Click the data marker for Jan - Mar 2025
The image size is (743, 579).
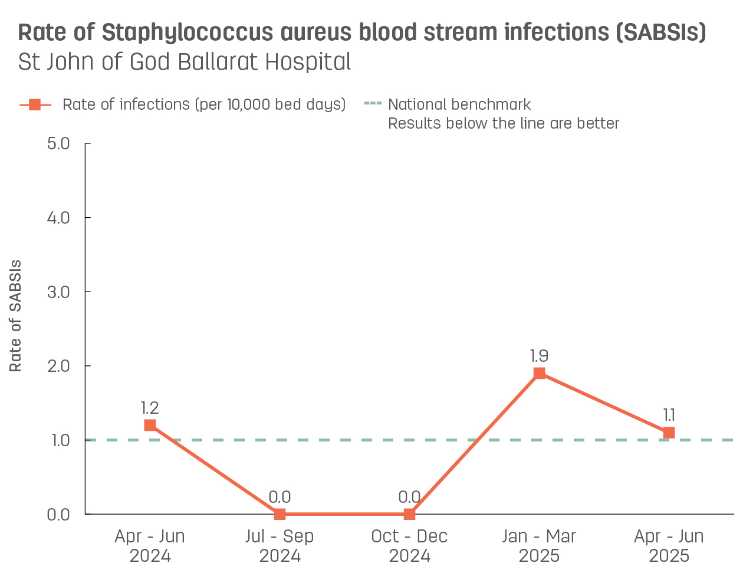click(539, 373)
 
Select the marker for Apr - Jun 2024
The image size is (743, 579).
click(150, 425)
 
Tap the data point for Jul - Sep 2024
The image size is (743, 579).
click(280, 514)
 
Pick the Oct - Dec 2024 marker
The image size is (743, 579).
click(409, 514)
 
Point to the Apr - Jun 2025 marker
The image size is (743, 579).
click(669, 433)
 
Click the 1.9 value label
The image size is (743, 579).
click(539, 356)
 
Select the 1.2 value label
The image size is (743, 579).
click(150, 408)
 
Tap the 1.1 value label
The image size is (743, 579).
click(669, 416)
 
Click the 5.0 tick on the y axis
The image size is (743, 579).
click(58, 143)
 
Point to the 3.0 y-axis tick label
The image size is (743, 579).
click(58, 292)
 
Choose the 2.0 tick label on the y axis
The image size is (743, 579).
click(58, 366)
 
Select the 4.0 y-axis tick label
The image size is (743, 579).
click(58, 218)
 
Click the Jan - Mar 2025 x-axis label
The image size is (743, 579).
click(539, 546)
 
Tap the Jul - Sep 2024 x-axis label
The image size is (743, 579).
click(280, 546)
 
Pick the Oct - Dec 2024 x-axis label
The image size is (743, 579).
click(409, 546)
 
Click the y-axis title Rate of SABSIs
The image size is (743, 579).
click(16, 316)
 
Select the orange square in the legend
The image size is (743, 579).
click(35, 105)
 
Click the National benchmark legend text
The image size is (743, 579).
click(459, 105)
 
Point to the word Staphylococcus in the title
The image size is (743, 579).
click(187, 33)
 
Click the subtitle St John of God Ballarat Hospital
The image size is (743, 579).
click(185, 62)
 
